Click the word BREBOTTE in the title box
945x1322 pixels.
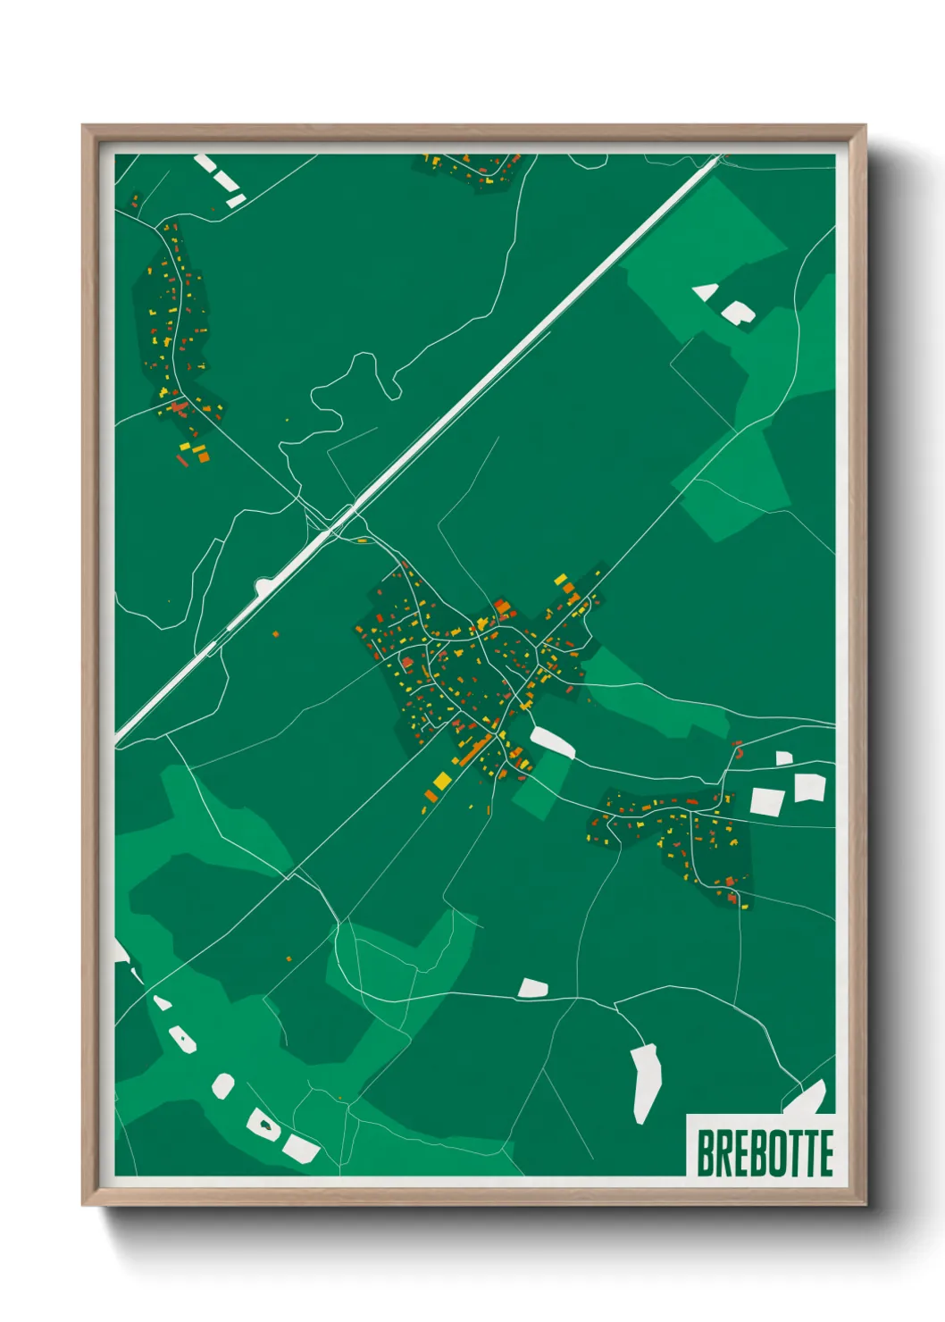(765, 1152)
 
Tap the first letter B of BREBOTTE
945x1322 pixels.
(706, 1152)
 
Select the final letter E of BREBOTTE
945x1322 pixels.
(825, 1152)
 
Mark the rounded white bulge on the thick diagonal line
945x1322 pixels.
(263, 586)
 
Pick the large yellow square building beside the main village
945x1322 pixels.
(442, 782)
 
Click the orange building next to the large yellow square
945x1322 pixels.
(431, 795)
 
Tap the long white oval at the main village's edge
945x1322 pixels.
(552, 741)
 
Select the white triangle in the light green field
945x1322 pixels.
(707, 291)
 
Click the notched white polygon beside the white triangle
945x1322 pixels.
(739, 313)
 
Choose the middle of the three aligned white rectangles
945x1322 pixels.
(224, 180)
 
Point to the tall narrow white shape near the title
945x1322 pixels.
(645, 1081)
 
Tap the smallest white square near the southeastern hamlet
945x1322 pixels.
(783, 758)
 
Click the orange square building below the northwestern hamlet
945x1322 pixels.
(203, 456)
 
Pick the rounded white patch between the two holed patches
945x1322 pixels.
(222, 1086)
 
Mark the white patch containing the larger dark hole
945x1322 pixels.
(264, 1124)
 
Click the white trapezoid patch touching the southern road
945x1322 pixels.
(532, 987)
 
